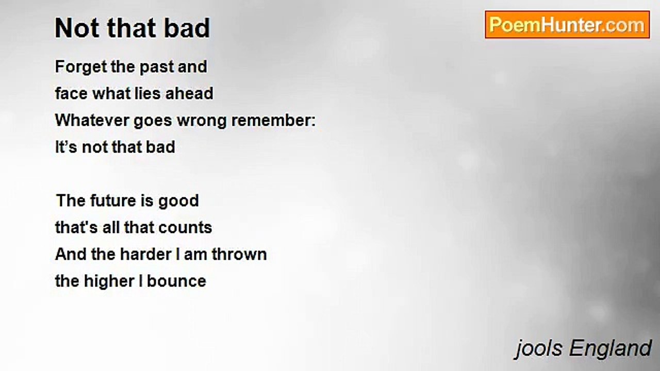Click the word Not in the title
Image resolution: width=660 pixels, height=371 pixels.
click(77, 28)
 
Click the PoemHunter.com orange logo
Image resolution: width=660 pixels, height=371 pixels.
click(567, 25)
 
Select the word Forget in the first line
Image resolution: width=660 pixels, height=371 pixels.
click(81, 67)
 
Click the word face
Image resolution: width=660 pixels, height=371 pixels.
click(71, 94)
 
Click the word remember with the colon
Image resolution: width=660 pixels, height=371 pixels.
click(273, 121)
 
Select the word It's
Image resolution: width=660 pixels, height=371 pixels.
click(67, 147)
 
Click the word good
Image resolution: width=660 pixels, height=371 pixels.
click(178, 201)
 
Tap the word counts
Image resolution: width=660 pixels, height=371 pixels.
click(185, 228)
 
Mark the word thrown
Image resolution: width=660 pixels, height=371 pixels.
click(239, 255)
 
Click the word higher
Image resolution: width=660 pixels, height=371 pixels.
click(109, 282)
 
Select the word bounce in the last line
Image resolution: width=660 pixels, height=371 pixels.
click(176, 281)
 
